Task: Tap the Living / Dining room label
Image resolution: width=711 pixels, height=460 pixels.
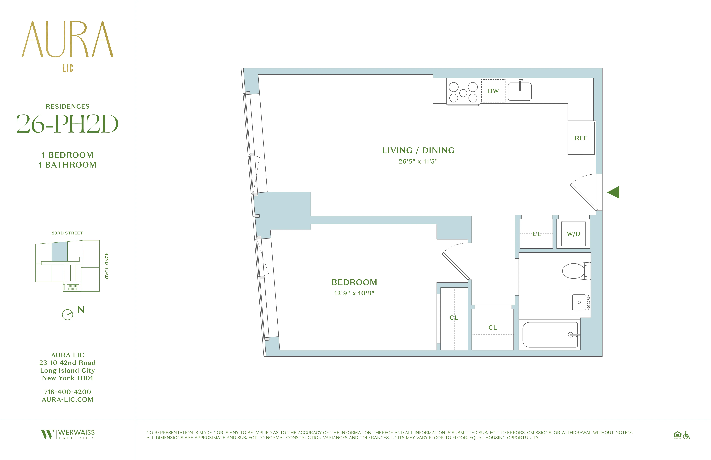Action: click(x=418, y=150)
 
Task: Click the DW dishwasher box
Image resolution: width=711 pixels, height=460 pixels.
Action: click(x=493, y=91)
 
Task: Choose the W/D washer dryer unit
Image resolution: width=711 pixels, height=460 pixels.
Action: click(x=573, y=234)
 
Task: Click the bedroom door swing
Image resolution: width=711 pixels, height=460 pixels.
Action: click(x=456, y=263)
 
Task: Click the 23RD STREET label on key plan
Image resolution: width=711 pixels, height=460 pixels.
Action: click(x=67, y=233)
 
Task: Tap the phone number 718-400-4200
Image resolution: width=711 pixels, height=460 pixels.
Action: click(x=67, y=392)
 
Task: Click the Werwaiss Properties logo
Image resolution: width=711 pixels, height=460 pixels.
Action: click(x=68, y=434)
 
